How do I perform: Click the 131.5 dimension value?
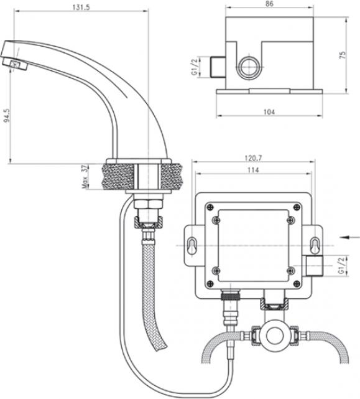(81, 7)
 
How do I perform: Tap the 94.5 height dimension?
(7, 116)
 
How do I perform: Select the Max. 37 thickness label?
(85, 177)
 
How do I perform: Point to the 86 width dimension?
(269, 4)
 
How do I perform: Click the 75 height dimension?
(343, 55)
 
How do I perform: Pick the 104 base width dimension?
(269, 111)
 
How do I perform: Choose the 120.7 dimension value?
(253, 158)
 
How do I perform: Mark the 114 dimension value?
(254, 170)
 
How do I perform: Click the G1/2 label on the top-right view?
(195, 67)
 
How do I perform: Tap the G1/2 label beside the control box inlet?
(341, 266)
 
